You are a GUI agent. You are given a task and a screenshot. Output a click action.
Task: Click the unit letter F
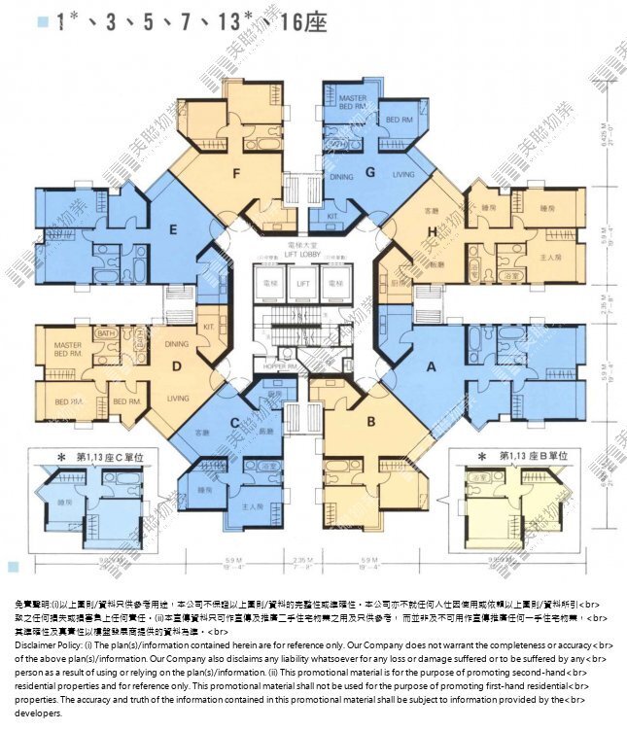pyautogui.click(x=235, y=175)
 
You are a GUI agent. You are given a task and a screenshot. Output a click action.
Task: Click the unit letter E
pyautogui.click(x=172, y=230)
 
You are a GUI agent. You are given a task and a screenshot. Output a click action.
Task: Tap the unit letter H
pyautogui.click(x=432, y=231)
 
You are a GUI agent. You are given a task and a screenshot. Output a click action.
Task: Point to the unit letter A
pyautogui.click(x=433, y=368)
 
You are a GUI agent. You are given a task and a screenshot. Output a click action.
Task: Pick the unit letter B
pyautogui.click(x=370, y=421)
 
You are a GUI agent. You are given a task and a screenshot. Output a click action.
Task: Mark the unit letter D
pyautogui.click(x=177, y=366)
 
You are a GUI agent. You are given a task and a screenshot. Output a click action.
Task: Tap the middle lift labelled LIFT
pyautogui.click(x=303, y=282)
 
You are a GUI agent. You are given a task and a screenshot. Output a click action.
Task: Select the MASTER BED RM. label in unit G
pyautogui.click(x=352, y=102)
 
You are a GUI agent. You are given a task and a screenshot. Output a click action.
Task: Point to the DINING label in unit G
pyautogui.click(x=341, y=177)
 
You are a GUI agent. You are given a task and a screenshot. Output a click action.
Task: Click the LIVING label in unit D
pyautogui.click(x=178, y=398)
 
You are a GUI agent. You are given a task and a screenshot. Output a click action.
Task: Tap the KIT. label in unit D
pyautogui.click(x=207, y=327)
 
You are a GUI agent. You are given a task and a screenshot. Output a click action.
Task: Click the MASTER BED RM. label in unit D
pyautogui.click(x=68, y=349)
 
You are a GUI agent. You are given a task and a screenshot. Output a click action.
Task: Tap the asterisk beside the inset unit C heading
pyautogui.click(x=60, y=456)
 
